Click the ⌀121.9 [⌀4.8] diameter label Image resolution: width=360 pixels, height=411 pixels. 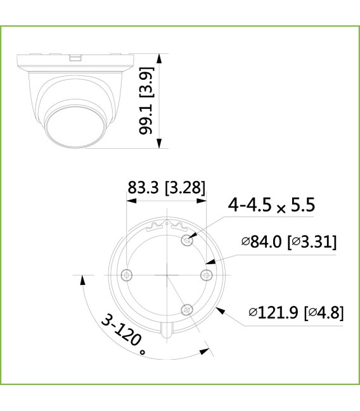point(296,312)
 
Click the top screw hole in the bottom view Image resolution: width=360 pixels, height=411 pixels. point(186,239)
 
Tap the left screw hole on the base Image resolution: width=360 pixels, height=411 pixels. point(127,274)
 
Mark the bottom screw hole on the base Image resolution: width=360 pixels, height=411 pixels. point(186,309)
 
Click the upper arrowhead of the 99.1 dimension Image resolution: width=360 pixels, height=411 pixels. point(160,58)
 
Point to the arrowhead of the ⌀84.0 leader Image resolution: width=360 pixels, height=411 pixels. point(207,260)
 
